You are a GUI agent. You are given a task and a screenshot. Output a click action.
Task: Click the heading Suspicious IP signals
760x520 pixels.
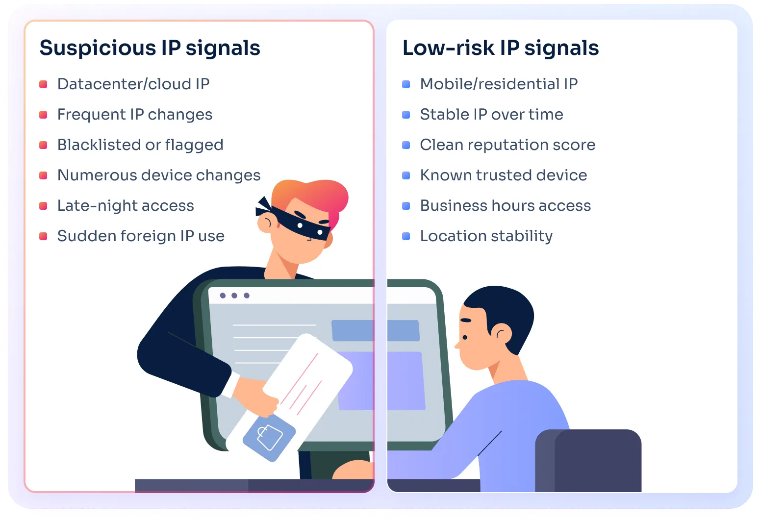[x=150, y=48]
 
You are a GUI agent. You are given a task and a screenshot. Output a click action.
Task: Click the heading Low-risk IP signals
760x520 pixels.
[x=500, y=48]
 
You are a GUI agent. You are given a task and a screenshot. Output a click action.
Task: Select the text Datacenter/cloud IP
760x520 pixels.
[x=133, y=84]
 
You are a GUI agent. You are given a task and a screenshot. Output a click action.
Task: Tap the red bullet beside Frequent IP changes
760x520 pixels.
[x=43, y=115]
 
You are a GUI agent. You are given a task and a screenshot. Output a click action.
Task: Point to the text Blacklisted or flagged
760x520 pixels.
[x=140, y=145]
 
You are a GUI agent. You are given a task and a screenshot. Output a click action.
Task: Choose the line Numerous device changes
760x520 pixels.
[x=159, y=175]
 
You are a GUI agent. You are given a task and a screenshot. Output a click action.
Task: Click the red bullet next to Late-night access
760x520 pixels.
[x=43, y=206]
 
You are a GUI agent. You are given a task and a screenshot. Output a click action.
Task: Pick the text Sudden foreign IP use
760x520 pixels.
[x=141, y=236]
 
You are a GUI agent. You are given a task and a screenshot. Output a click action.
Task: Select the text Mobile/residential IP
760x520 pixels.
[x=499, y=84]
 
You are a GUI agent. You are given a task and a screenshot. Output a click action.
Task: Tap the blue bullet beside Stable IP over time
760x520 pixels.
[x=406, y=115]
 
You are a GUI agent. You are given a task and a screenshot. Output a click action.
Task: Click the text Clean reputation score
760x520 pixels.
[x=507, y=145]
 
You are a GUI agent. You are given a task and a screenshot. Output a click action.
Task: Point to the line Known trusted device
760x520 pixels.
[x=503, y=175]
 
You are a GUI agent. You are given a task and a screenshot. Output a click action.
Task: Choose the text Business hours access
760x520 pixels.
[x=506, y=206]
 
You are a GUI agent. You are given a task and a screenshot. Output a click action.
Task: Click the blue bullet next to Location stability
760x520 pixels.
[x=406, y=236]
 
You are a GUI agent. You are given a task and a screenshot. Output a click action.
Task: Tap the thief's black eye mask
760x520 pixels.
[x=299, y=223]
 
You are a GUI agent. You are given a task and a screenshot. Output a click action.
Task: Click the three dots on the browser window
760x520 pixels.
[x=234, y=296]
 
